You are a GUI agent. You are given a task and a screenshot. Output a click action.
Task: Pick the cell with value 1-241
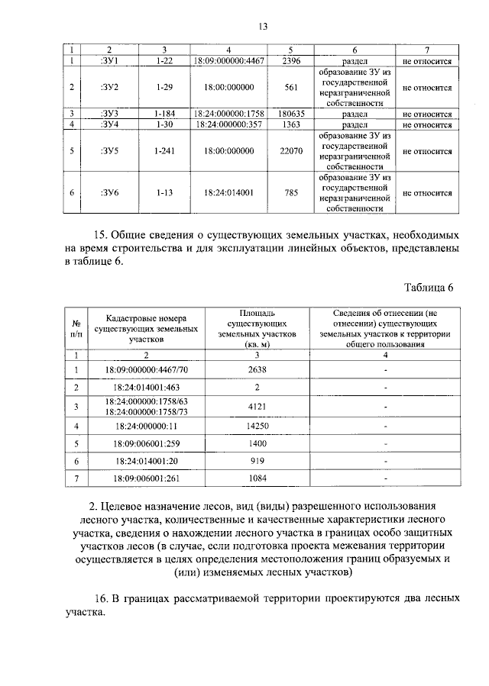coord(164,151)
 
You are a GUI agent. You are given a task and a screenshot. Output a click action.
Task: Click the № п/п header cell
coord(76,328)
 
